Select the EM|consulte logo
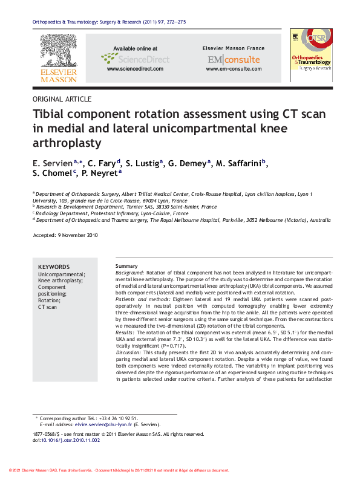tap(234, 59)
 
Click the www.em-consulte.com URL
tap(234, 70)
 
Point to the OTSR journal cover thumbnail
tap(311, 55)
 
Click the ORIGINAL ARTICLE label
tap(62, 99)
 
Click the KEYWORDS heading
tap(54, 267)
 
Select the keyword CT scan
tap(48, 307)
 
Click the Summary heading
tap(126, 267)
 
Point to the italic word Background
tap(129, 273)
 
